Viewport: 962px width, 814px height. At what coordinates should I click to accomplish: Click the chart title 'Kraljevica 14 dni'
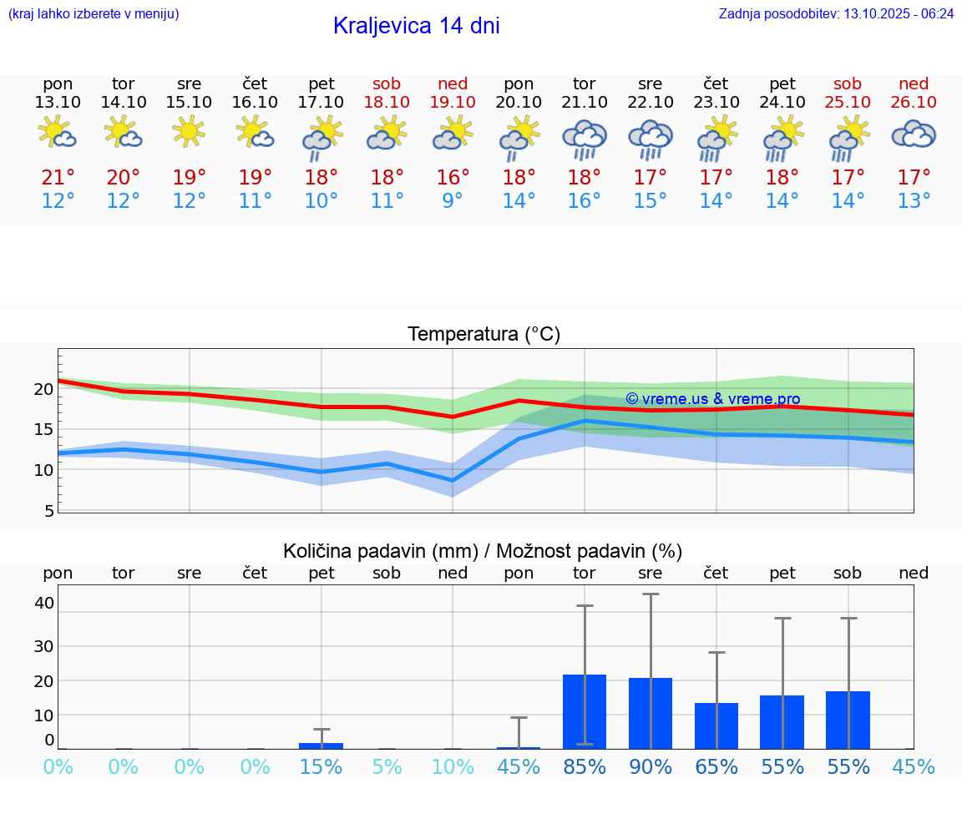tap(416, 26)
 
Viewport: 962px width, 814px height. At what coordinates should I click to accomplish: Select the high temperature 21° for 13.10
tap(58, 178)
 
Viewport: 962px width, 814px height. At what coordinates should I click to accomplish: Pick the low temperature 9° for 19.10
tap(453, 201)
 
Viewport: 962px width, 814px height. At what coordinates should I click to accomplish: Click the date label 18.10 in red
tap(387, 102)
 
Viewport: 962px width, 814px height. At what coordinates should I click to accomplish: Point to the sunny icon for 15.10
tap(189, 131)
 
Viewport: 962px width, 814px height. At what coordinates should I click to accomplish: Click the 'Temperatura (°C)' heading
tap(484, 335)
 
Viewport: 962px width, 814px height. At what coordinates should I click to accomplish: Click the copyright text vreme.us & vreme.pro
tap(712, 399)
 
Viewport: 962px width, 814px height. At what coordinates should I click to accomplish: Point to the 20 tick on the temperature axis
tap(43, 389)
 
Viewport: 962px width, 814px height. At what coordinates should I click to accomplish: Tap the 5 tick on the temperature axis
tap(48, 511)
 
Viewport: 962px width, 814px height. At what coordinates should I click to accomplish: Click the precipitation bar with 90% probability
tap(651, 713)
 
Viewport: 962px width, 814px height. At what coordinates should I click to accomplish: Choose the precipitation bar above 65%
tap(716, 726)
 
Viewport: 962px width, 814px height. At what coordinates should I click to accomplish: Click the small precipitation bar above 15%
tap(322, 746)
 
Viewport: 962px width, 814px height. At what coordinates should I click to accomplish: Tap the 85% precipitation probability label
tap(584, 767)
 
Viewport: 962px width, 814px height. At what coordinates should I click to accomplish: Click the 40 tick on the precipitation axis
tap(44, 603)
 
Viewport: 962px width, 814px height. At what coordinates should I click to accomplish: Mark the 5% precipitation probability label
tap(387, 767)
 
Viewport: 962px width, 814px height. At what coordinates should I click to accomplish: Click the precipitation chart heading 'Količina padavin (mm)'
tap(380, 551)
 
